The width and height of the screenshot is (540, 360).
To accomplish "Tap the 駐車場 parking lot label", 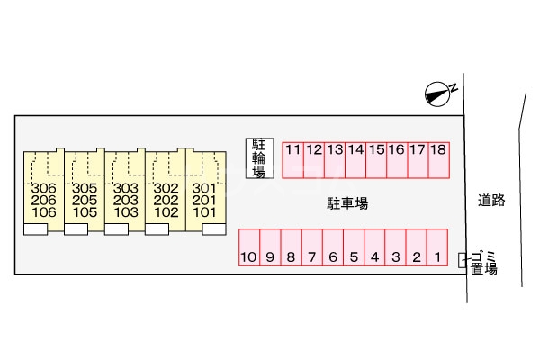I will [346, 204].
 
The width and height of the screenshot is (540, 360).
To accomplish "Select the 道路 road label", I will [491, 201].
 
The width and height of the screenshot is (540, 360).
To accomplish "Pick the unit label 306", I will [43, 187].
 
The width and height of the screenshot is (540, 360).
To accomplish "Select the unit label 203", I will [124, 200].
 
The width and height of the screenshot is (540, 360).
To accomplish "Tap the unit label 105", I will [85, 212].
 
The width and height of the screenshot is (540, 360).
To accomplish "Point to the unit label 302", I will [165, 187].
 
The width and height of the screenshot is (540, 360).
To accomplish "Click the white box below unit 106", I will [35, 230].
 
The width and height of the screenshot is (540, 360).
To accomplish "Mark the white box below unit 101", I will [212, 230].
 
